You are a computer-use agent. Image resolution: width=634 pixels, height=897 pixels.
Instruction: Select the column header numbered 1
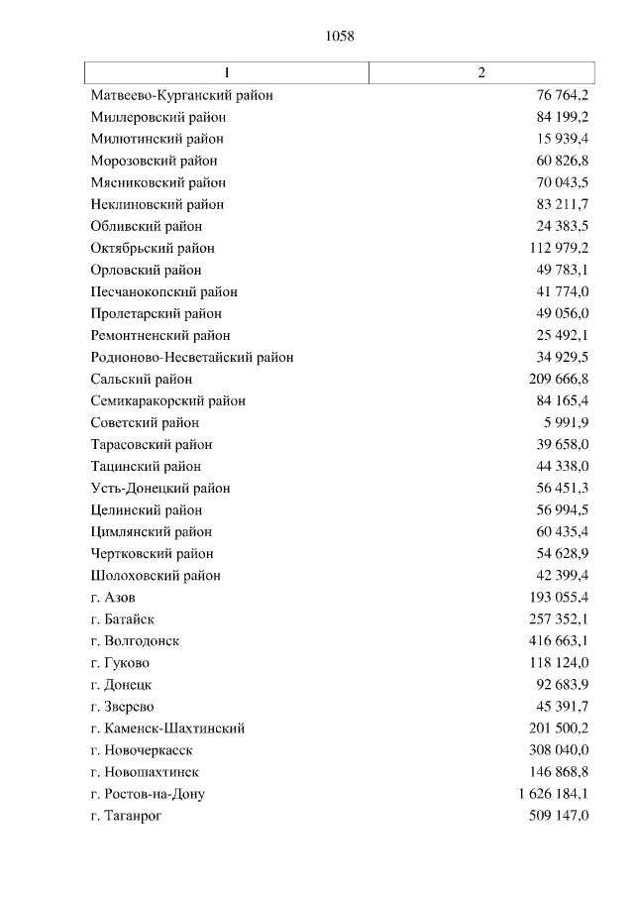point(227,73)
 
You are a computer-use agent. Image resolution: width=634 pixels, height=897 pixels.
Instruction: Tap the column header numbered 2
point(481,73)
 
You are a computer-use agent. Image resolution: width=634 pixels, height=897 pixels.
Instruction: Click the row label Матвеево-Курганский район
point(181,95)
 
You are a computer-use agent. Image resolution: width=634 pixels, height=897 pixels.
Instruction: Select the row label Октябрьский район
point(152,248)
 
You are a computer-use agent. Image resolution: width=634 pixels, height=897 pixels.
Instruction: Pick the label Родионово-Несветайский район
point(191,357)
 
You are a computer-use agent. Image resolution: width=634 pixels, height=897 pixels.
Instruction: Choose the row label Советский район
point(144,422)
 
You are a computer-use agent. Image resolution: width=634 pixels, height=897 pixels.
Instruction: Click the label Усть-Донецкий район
point(159,488)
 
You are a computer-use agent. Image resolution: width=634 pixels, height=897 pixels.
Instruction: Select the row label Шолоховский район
point(155,575)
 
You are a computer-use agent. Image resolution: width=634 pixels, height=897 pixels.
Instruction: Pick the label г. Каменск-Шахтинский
point(166,728)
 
